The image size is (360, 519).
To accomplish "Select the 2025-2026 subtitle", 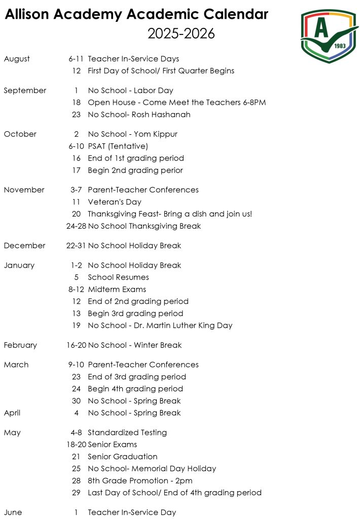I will point(181,33).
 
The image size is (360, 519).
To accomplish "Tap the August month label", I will point(17,59).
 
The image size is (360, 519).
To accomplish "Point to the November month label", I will point(24,190).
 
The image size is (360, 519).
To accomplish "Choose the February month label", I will point(20,345).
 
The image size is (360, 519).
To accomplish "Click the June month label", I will point(13,512).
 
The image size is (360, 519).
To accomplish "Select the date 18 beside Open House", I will point(76,102).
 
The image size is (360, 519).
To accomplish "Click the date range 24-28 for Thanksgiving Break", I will point(76,226).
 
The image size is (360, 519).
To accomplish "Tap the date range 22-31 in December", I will point(76,246).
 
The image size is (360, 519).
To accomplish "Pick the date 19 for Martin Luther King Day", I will point(76,325).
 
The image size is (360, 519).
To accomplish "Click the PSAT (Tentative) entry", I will point(118,146).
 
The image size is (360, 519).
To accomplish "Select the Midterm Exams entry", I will point(117,289).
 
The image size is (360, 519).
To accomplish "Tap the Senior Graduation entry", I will point(122,457).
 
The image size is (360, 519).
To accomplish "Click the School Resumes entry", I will point(118,277).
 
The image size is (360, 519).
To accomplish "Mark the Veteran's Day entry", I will point(114,202).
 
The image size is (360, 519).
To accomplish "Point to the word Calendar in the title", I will point(233,15).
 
